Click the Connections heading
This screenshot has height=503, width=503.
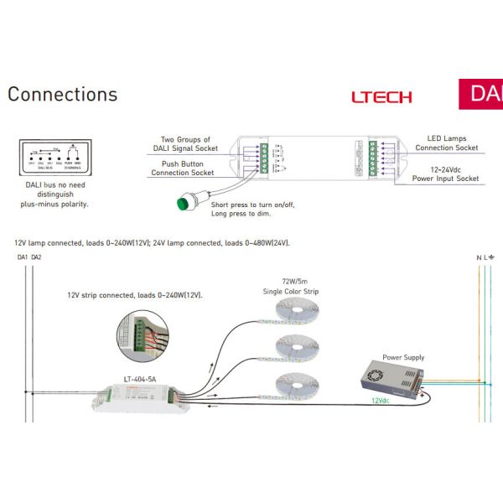[x=63, y=95]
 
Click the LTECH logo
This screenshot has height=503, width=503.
[x=381, y=96]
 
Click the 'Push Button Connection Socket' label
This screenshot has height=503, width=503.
[x=182, y=168]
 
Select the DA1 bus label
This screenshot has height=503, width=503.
[x=23, y=258]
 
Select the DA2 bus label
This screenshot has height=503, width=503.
[x=37, y=258]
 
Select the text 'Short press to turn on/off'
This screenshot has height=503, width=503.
[x=253, y=205]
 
